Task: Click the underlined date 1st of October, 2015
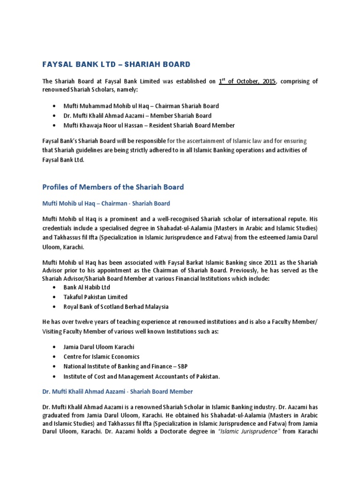247,81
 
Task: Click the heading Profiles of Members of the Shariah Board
113,187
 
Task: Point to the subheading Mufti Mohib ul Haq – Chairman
106,203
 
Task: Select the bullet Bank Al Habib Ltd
87,287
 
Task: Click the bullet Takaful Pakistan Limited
95,297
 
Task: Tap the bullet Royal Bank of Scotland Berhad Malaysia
116,307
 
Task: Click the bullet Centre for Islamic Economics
101,357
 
